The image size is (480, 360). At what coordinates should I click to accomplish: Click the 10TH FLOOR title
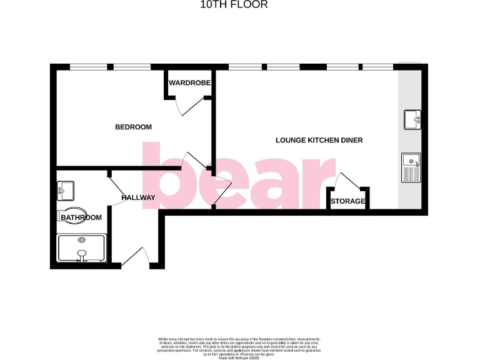234,5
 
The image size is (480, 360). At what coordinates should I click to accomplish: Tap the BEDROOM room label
133,127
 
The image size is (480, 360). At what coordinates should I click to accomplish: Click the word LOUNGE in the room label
291,140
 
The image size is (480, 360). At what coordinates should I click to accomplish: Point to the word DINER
351,140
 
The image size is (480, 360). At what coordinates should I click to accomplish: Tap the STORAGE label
347,201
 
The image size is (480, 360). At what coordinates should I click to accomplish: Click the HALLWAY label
138,197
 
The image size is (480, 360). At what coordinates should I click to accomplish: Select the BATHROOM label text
81,217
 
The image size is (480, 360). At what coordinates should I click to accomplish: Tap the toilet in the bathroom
74,214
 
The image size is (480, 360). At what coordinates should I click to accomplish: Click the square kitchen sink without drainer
412,118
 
